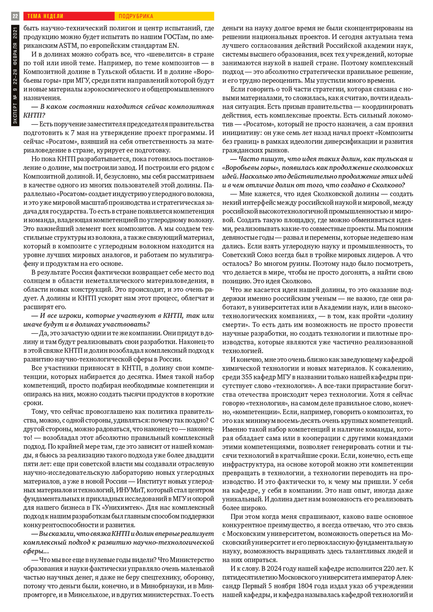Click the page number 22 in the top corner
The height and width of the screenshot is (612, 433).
[x=15, y=16]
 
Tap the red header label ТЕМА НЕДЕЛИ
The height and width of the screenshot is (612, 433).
[x=45, y=16]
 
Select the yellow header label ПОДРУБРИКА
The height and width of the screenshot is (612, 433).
[x=136, y=16]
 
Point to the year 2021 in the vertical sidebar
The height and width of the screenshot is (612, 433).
[x=15, y=32]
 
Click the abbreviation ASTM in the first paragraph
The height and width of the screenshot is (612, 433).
[x=68, y=46]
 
